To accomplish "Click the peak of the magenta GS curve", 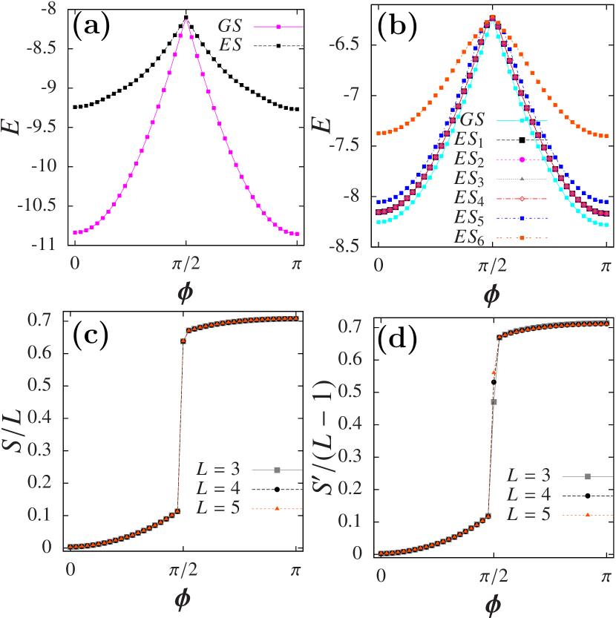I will tap(186, 19).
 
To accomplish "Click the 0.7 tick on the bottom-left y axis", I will tap(39, 320).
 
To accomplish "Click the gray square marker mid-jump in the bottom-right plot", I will tap(494, 402).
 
